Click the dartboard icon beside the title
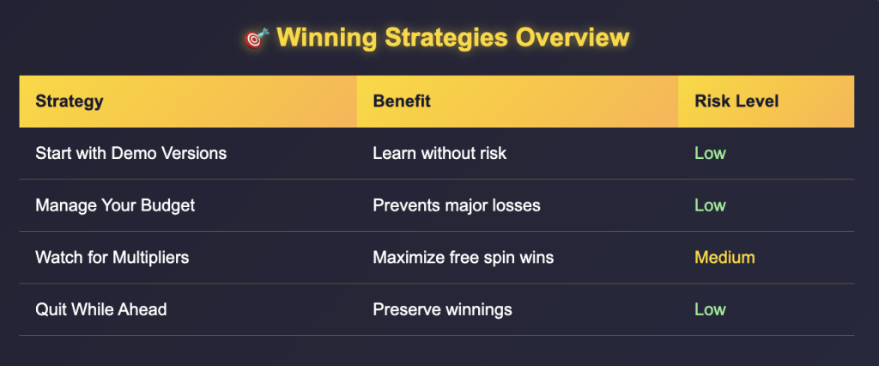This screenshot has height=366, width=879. click(x=257, y=38)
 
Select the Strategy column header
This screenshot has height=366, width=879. click(x=70, y=101)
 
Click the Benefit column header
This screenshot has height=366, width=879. click(x=402, y=101)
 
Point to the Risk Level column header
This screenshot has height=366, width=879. click(x=737, y=101)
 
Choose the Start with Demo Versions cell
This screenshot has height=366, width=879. click(x=131, y=153)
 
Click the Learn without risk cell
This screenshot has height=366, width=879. click(x=439, y=153)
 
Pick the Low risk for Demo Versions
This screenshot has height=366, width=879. click(x=710, y=153)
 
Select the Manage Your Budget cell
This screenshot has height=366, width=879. click(x=115, y=204)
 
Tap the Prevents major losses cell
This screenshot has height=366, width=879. click(x=457, y=204)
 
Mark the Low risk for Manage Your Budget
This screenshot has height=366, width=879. click(x=710, y=204)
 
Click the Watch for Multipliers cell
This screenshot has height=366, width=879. click(x=112, y=257)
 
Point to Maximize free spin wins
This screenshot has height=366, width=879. click(x=463, y=257)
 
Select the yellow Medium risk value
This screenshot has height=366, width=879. click(x=724, y=257)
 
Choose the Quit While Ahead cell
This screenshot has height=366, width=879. click(x=101, y=309)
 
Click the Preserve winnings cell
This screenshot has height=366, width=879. click(x=442, y=309)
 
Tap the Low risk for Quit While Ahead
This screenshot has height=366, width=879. click(x=710, y=309)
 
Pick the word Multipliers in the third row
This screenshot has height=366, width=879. click(x=151, y=257)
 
